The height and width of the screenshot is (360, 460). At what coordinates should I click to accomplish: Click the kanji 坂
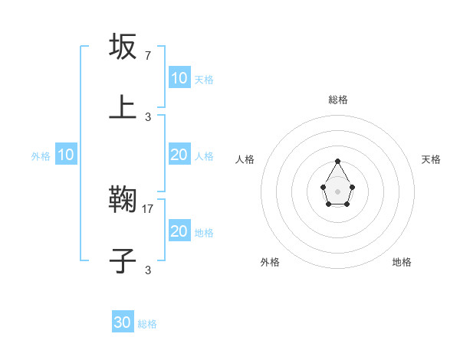[x=123, y=47]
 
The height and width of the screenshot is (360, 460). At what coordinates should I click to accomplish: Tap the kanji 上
[x=123, y=108]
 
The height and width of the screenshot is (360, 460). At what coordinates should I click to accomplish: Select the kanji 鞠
[x=123, y=201]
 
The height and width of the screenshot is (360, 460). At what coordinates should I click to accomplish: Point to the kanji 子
[x=123, y=261]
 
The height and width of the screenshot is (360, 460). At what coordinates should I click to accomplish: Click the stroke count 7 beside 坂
[x=147, y=56]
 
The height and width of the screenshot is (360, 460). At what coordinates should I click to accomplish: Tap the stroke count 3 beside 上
[x=147, y=117]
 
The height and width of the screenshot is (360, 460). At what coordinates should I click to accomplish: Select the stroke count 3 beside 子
[x=147, y=270]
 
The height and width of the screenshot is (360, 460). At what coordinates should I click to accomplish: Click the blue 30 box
[x=123, y=323]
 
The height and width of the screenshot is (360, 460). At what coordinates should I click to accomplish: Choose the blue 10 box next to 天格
[x=179, y=78]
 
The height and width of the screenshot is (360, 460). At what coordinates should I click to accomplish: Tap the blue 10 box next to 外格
[x=66, y=155]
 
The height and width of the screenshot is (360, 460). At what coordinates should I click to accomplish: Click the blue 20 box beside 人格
[x=179, y=155]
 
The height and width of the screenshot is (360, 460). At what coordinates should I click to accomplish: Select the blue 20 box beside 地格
[x=179, y=231]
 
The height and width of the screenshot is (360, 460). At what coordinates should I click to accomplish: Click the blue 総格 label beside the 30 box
[x=147, y=324]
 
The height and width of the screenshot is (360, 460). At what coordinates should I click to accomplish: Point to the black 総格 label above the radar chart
[x=338, y=100]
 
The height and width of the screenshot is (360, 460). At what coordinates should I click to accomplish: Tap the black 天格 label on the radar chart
[x=431, y=159]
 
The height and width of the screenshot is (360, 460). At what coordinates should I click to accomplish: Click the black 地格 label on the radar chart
[x=402, y=262]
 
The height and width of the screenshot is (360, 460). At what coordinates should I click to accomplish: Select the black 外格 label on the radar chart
[x=270, y=262]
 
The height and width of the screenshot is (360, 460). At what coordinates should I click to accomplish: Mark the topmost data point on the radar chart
[x=337, y=161]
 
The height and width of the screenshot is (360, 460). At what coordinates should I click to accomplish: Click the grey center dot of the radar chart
[x=337, y=191]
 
